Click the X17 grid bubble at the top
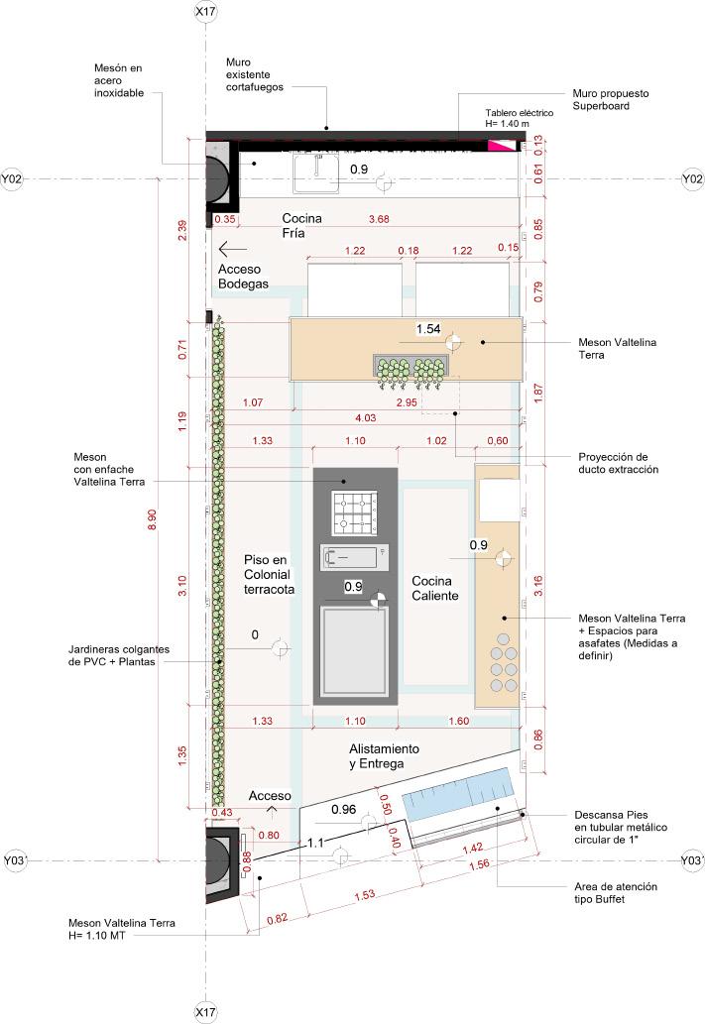(206, 12)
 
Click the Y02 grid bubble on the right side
(692, 179)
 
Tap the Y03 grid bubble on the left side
(14, 860)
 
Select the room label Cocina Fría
(301, 225)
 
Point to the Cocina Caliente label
(435, 589)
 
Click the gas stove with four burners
(355, 513)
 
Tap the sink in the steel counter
(317, 173)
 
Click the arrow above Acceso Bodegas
(233, 249)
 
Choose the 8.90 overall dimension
(153, 519)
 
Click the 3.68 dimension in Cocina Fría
(379, 219)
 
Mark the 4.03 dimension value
(365, 418)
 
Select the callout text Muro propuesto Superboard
(611, 100)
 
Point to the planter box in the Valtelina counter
(411, 369)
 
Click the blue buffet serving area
(457, 794)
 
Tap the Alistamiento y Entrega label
(384, 756)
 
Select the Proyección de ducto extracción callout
(618, 463)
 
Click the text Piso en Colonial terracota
(269, 575)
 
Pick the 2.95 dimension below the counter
(407, 402)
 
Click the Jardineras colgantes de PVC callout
(119, 655)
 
